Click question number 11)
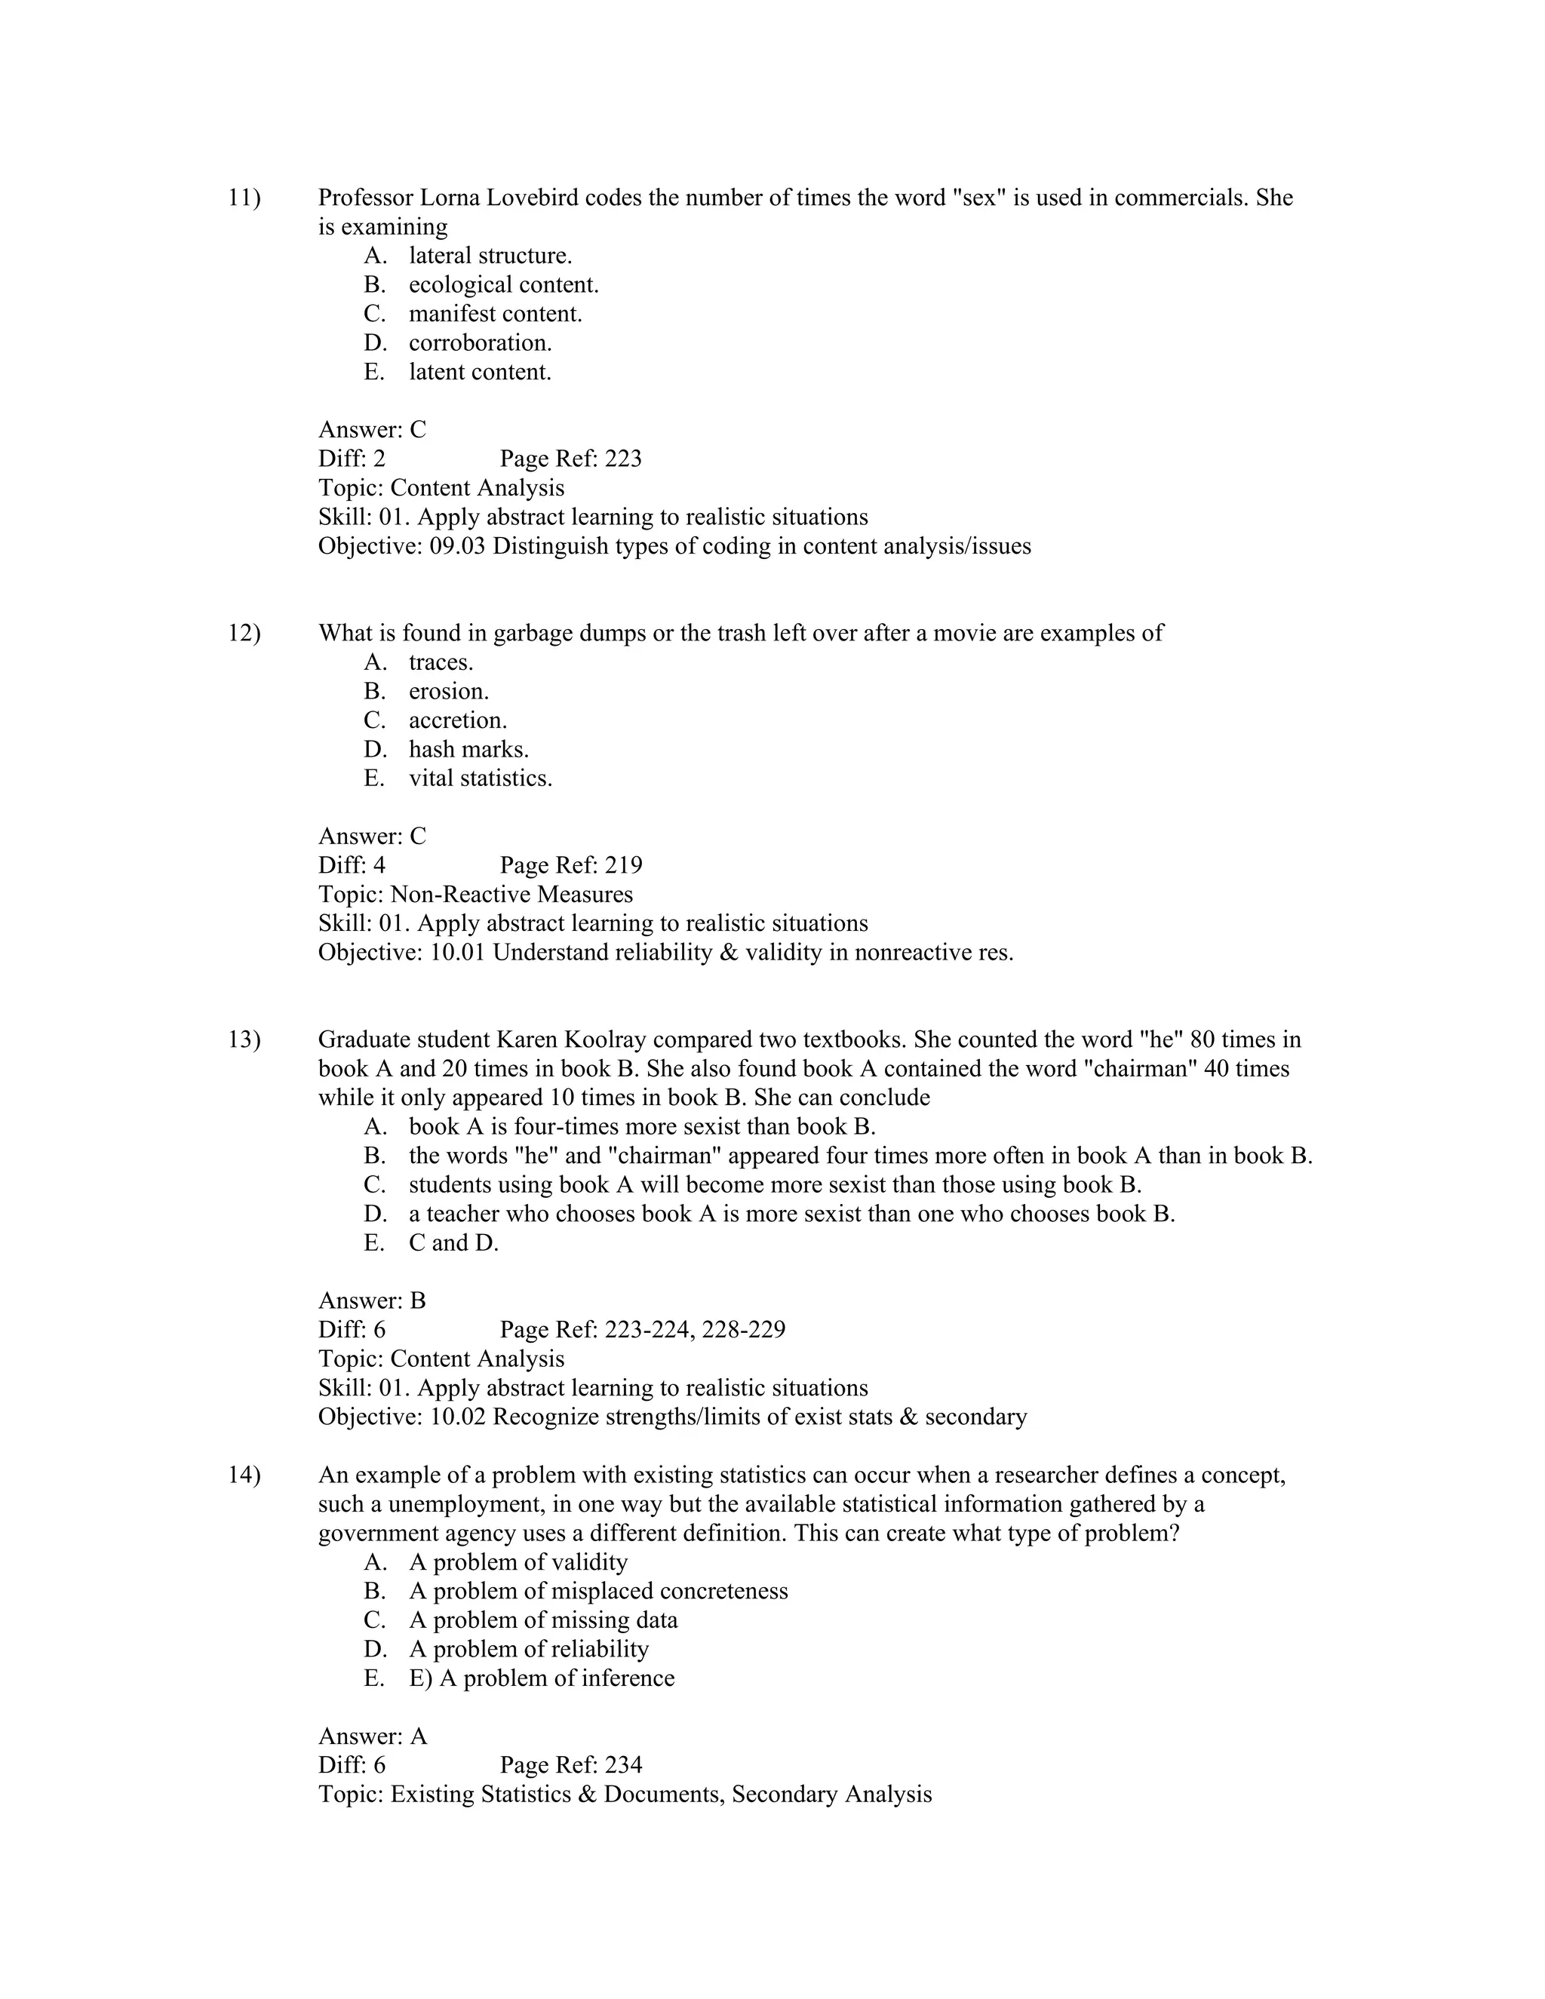click(x=244, y=198)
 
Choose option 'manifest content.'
click(x=495, y=314)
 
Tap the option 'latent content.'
click(x=480, y=373)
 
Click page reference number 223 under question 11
click(x=623, y=459)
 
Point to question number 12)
click(x=244, y=634)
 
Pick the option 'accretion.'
click(x=458, y=720)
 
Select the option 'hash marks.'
click(x=468, y=750)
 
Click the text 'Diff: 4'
click(x=352, y=865)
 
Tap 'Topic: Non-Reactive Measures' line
click(x=475, y=894)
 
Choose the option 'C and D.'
click(x=453, y=1243)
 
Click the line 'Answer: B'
click(x=372, y=1300)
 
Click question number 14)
click(x=244, y=1475)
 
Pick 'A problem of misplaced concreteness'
click(x=597, y=1592)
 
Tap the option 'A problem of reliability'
click(x=528, y=1649)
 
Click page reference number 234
click(x=623, y=1766)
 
